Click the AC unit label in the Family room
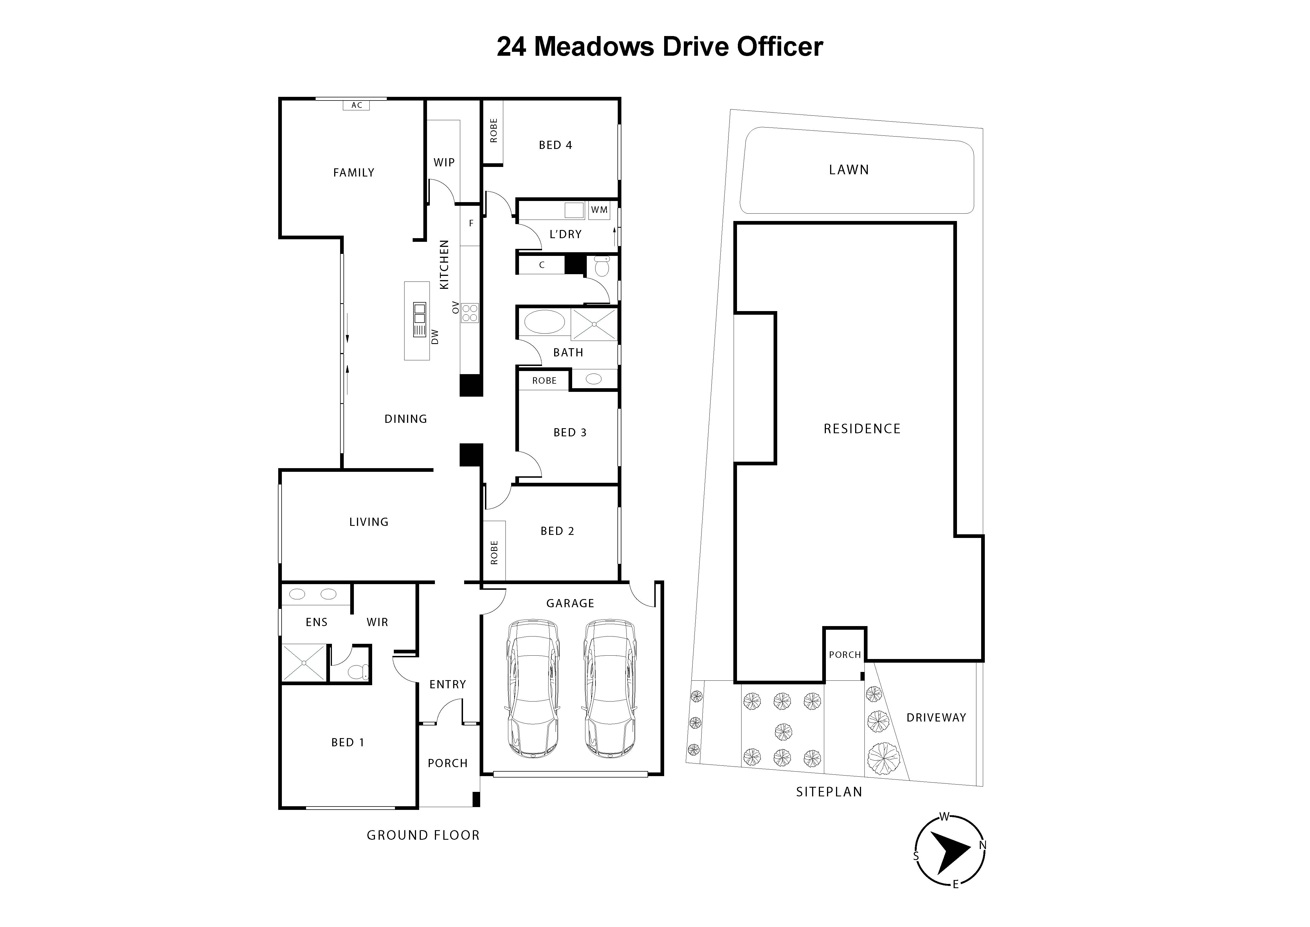coord(357,105)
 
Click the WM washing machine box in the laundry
coord(599,209)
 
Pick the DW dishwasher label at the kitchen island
coord(435,337)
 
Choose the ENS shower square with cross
coord(304,663)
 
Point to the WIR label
coord(377,622)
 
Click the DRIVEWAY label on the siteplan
coord(936,718)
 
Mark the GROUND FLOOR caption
coord(423,835)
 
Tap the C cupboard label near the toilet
coord(541,265)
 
